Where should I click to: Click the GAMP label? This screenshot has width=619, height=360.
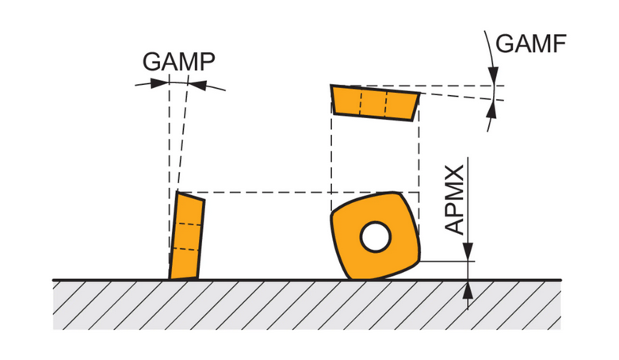click(179, 61)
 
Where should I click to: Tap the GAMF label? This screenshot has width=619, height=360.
click(531, 44)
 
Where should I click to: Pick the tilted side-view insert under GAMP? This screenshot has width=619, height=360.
click(187, 236)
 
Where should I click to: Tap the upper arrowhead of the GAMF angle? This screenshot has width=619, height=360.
click(492, 79)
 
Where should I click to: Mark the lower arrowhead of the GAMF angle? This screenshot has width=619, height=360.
click(491, 107)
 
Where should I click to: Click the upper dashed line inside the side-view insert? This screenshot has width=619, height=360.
click(189, 225)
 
